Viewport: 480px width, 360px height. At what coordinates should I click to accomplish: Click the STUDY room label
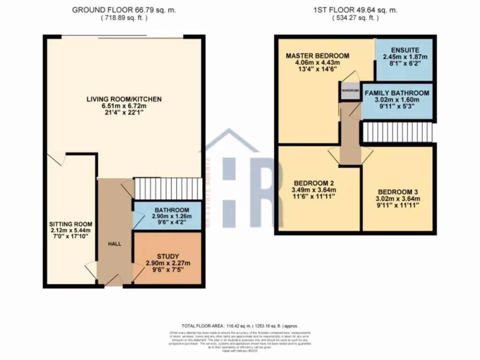(168, 256)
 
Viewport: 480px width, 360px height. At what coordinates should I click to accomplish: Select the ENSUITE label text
(405, 50)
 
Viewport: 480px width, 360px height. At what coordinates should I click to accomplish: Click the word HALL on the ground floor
(114, 244)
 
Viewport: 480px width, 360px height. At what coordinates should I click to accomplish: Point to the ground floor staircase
(167, 188)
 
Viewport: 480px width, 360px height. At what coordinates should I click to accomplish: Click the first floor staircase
(397, 132)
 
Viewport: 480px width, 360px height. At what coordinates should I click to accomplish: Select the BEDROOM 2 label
(313, 183)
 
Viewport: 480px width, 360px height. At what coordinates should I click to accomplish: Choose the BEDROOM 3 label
(397, 191)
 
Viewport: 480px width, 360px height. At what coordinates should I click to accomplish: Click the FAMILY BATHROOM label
(397, 93)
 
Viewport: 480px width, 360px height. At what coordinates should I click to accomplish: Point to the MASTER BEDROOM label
(318, 56)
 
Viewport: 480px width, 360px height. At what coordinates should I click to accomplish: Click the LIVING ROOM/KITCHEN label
(124, 99)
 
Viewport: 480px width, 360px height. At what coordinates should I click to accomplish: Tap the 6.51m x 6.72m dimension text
(124, 106)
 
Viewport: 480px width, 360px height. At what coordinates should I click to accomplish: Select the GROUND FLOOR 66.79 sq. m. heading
(124, 10)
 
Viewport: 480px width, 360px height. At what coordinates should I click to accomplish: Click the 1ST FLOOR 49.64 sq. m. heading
(355, 10)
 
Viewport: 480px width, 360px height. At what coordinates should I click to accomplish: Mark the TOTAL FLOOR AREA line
(240, 325)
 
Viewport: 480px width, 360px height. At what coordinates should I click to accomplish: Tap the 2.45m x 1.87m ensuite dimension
(405, 57)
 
